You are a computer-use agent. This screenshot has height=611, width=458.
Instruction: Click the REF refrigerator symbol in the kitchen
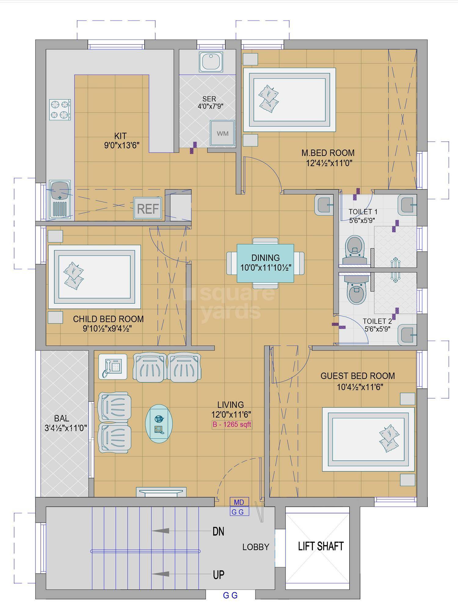click(148, 208)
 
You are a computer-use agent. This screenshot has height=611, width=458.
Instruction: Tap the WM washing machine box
click(222, 133)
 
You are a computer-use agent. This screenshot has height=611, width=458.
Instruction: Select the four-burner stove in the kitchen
click(60, 110)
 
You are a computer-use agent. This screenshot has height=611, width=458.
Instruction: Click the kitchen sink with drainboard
click(60, 199)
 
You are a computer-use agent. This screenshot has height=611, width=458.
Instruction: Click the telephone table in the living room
click(113, 367)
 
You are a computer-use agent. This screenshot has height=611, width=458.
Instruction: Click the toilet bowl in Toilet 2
click(356, 292)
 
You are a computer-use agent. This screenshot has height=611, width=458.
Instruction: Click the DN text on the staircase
click(218, 532)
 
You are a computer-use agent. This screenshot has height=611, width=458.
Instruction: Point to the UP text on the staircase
click(219, 575)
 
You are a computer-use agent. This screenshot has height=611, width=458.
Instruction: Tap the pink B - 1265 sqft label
click(232, 425)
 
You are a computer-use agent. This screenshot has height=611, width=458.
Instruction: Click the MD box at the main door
click(239, 502)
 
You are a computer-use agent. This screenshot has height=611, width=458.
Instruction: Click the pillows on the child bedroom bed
click(73, 275)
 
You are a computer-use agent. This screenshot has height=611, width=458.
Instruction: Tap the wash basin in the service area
click(211, 62)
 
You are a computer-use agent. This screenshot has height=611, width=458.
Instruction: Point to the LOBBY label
click(256, 547)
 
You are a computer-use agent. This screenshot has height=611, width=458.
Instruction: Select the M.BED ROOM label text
click(328, 153)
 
